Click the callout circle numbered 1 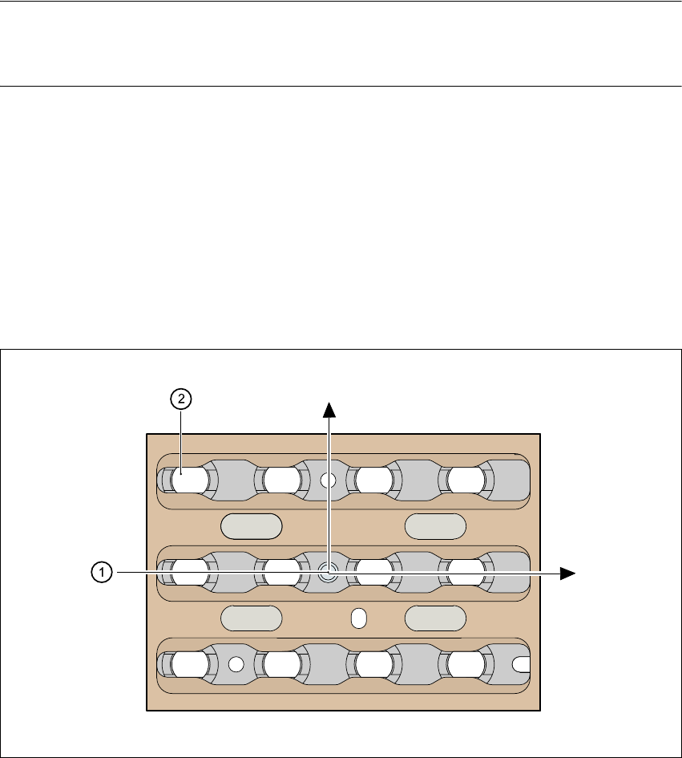100,572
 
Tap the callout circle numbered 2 181,399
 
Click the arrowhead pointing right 568,573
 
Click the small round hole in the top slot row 327,480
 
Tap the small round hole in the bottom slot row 236,664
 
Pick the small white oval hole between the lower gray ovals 359,618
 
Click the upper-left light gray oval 252,526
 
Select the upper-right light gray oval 436,526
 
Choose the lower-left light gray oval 252,618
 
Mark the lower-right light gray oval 436,618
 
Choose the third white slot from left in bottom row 374,664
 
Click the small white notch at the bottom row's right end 522,664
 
